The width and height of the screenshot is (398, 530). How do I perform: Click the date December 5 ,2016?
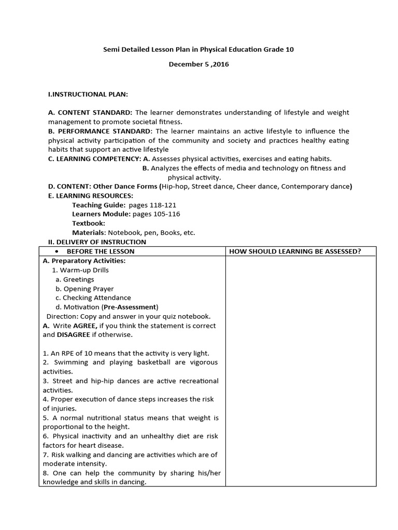[198, 65]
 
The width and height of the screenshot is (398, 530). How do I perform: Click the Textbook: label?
[88, 224]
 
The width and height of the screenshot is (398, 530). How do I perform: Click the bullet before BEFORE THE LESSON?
[56, 252]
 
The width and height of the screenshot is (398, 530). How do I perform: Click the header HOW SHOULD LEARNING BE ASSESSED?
[295, 252]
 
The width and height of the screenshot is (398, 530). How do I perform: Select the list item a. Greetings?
[75, 279]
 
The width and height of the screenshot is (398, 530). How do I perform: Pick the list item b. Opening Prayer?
[84, 289]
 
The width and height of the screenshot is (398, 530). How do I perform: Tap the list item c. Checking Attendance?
[93, 298]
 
